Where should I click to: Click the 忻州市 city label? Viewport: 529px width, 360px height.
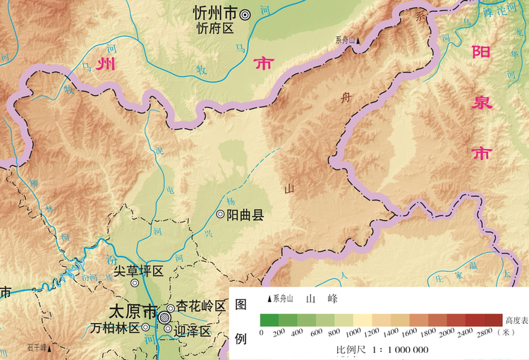pyautogui.click(x=215, y=13)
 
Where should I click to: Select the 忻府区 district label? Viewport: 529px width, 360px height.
pyautogui.click(x=214, y=28)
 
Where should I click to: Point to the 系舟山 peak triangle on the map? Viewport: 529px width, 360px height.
pyautogui.click(x=358, y=41)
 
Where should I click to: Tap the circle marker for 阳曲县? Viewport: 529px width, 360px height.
pyautogui.click(x=220, y=214)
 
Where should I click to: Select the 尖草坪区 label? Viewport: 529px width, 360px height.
pyautogui.click(x=139, y=271)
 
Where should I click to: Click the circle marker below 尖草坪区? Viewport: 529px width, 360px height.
pyautogui.click(x=135, y=283)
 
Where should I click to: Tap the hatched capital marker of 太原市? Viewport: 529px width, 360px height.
pyautogui.click(x=164, y=316)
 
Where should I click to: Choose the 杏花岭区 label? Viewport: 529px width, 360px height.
pyautogui.click(x=201, y=306)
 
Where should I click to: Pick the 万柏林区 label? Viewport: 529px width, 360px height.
pyautogui.click(x=115, y=328)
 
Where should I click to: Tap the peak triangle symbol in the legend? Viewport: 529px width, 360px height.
pyautogui.click(x=269, y=299)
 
